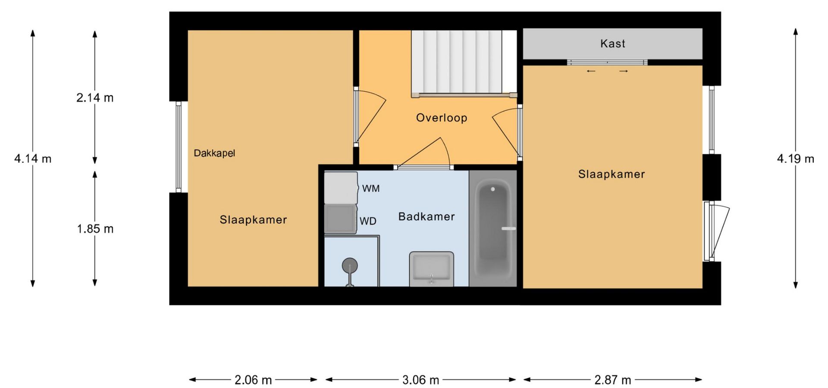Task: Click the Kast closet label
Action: point(612,44)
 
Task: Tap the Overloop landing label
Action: point(442,118)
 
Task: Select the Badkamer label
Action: point(427,216)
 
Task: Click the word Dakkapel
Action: point(214,153)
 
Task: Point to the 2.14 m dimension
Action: point(95,98)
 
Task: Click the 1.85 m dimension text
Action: point(95,228)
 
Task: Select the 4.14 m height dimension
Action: point(33,159)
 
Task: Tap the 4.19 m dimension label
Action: point(796,159)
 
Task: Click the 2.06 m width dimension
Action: point(253,380)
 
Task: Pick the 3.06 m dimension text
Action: point(420,380)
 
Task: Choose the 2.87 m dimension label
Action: point(612,380)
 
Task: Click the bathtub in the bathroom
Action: point(493,228)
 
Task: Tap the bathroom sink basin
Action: point(431,268)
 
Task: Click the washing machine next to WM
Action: point(341,188)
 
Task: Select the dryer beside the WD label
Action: point(340,219)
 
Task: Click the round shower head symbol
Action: point(350,266)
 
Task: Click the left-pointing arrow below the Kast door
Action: point(591,71)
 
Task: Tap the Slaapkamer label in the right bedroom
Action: point(612,174)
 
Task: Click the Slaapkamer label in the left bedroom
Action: point(253,219)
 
